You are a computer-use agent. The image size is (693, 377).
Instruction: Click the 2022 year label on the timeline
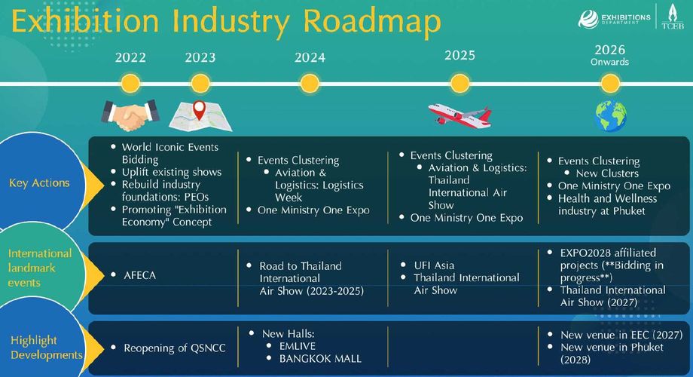pos(130,57)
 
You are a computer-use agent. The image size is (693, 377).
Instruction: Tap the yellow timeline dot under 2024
pos(310,84)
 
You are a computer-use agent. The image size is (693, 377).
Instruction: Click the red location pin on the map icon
pos(200,110)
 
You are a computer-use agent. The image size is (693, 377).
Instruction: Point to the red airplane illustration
pos(459,115)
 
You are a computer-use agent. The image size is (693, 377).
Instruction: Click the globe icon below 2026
pos(610,116)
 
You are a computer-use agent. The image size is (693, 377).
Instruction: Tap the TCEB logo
pos(673,17)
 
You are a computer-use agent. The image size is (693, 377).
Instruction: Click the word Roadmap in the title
pos(373,22)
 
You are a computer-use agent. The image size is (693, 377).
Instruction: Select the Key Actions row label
pos(39,182)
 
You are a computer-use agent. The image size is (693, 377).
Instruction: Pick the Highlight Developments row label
pos(47,348)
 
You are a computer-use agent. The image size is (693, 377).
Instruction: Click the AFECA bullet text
pos(139,275)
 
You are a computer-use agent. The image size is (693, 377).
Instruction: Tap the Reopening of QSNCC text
pos(175,348)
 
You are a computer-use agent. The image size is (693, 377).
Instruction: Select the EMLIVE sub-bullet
pos(298,346)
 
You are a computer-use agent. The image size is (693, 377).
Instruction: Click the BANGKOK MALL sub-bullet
pos(320,358)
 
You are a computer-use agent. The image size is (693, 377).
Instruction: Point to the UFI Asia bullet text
pos(434,265)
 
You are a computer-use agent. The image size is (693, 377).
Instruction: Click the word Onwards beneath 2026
pos(609,62)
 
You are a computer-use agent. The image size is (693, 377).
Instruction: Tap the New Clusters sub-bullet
pos(607,173)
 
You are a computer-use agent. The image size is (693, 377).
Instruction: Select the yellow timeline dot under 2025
pos(459,84)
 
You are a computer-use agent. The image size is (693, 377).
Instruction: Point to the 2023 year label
pos(200,57)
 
